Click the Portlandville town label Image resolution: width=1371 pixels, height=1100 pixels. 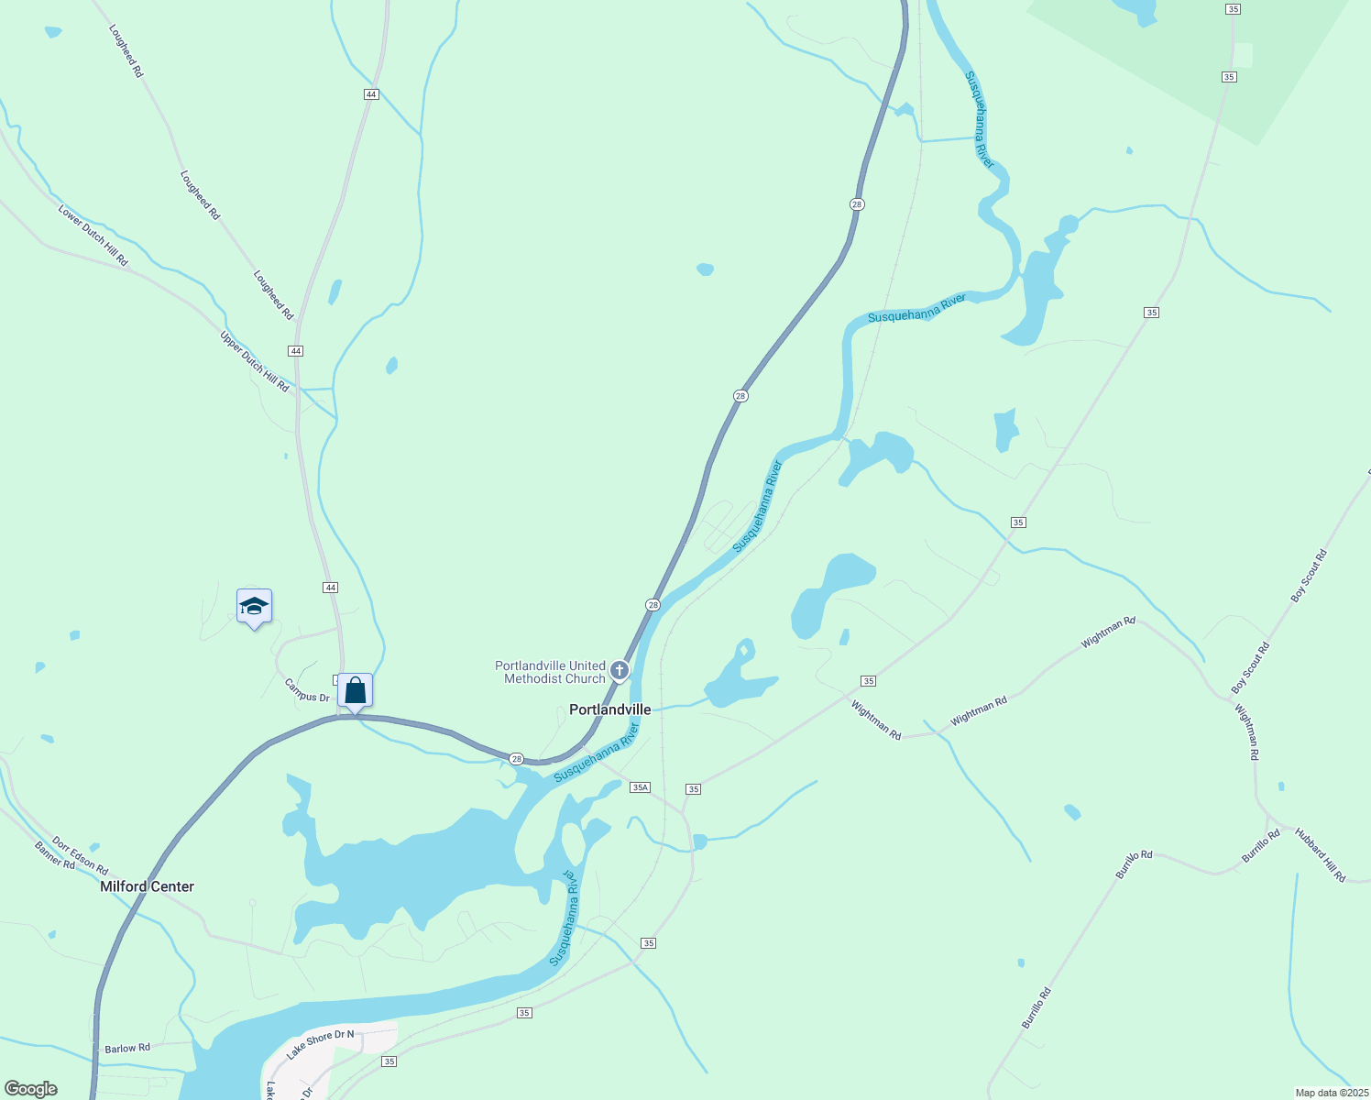coord(609,709)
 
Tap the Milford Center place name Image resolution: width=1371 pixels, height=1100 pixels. coord(147,886)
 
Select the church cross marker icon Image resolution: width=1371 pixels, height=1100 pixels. coord(620,671)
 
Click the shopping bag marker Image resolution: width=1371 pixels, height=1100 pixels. coord(355,690)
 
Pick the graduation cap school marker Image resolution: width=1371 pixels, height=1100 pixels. coord(254,606)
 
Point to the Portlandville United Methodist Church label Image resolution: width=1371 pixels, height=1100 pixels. coord(550,672)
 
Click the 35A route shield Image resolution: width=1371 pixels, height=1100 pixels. coord(640,787)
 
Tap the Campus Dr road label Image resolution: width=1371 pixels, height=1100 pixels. coord(306,690)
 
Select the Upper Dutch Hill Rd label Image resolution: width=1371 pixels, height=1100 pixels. coord(254,361)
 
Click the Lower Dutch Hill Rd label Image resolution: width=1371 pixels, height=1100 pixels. coord(93,236)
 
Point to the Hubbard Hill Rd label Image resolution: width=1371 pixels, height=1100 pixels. coord(1320,854)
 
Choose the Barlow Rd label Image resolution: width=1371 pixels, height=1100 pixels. coord(127,1048)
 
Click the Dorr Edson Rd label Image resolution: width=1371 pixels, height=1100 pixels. coord(80,854)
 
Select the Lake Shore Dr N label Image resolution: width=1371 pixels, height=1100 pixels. coord(320,1044)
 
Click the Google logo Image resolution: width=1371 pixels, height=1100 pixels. coord(30,1089)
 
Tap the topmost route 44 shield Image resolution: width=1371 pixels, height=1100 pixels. coord(370,94)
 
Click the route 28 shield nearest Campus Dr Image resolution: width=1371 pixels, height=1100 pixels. coord(517,759)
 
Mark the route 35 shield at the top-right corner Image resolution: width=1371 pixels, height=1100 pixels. coord(1233,8)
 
